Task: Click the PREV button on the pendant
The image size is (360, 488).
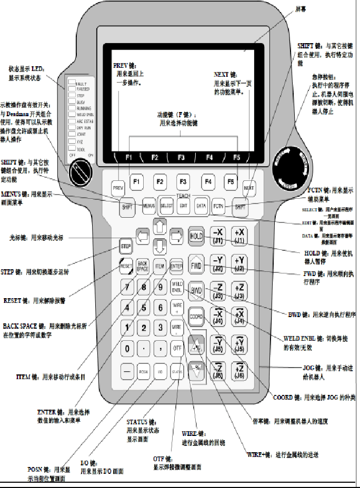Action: tap(117, 187)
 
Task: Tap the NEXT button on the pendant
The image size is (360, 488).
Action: tap(249, 187)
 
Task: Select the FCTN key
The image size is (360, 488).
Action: tap(218, 206)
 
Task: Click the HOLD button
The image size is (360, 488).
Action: tap(196, 236)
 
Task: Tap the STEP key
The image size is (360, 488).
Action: tap(126, 246)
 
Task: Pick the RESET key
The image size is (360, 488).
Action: tap(126, 266)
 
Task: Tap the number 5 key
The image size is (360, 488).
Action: tap(144, 307)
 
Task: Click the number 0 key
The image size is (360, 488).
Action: tap(126, 348)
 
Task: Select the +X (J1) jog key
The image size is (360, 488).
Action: tap(239, 236)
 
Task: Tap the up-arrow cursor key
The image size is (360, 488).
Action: tap(160, 227)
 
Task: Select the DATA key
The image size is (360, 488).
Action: tap(201, 206)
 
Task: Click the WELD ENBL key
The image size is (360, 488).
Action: tap(177, 287)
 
